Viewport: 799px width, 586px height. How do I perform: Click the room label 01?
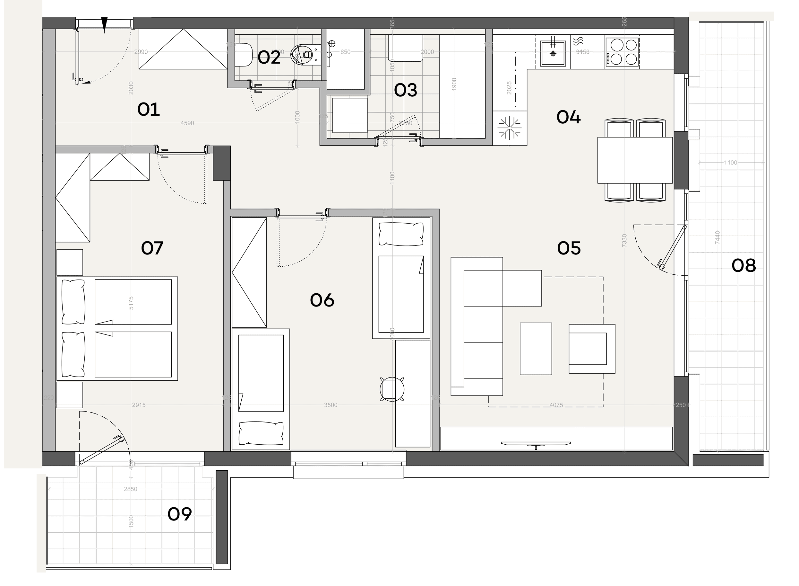pos(149,110)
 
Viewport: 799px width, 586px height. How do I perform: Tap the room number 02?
pos(269,58)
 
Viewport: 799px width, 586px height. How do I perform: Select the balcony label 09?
pos(180,514)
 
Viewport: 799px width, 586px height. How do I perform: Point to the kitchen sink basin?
pos(553,54)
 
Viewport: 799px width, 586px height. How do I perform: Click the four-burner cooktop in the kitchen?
pos(622,52)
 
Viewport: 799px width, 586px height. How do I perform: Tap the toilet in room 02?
pos(244,55)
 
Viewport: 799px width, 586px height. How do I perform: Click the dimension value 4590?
pos(187,123)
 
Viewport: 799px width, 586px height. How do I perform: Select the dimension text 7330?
pos(624,241)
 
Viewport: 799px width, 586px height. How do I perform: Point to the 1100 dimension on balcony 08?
pos(730,163)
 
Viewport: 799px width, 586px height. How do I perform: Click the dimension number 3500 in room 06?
pos(331,405)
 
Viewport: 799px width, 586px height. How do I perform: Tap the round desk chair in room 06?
pos(392,389)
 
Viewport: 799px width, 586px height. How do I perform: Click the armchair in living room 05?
pos(592,349)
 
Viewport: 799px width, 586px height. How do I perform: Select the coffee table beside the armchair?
pos(536,349)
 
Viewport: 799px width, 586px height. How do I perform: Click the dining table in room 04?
pos(635,160)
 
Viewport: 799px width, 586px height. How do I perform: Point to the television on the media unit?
pos(536,443)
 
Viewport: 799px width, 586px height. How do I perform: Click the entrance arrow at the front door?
pos(104,25)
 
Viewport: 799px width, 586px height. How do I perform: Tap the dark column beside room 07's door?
pos(222,163)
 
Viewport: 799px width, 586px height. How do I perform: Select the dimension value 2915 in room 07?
pos(139,405)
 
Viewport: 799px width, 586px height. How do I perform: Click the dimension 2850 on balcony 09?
pos(130,489)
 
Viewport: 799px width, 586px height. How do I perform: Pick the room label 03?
pos(405,91)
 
